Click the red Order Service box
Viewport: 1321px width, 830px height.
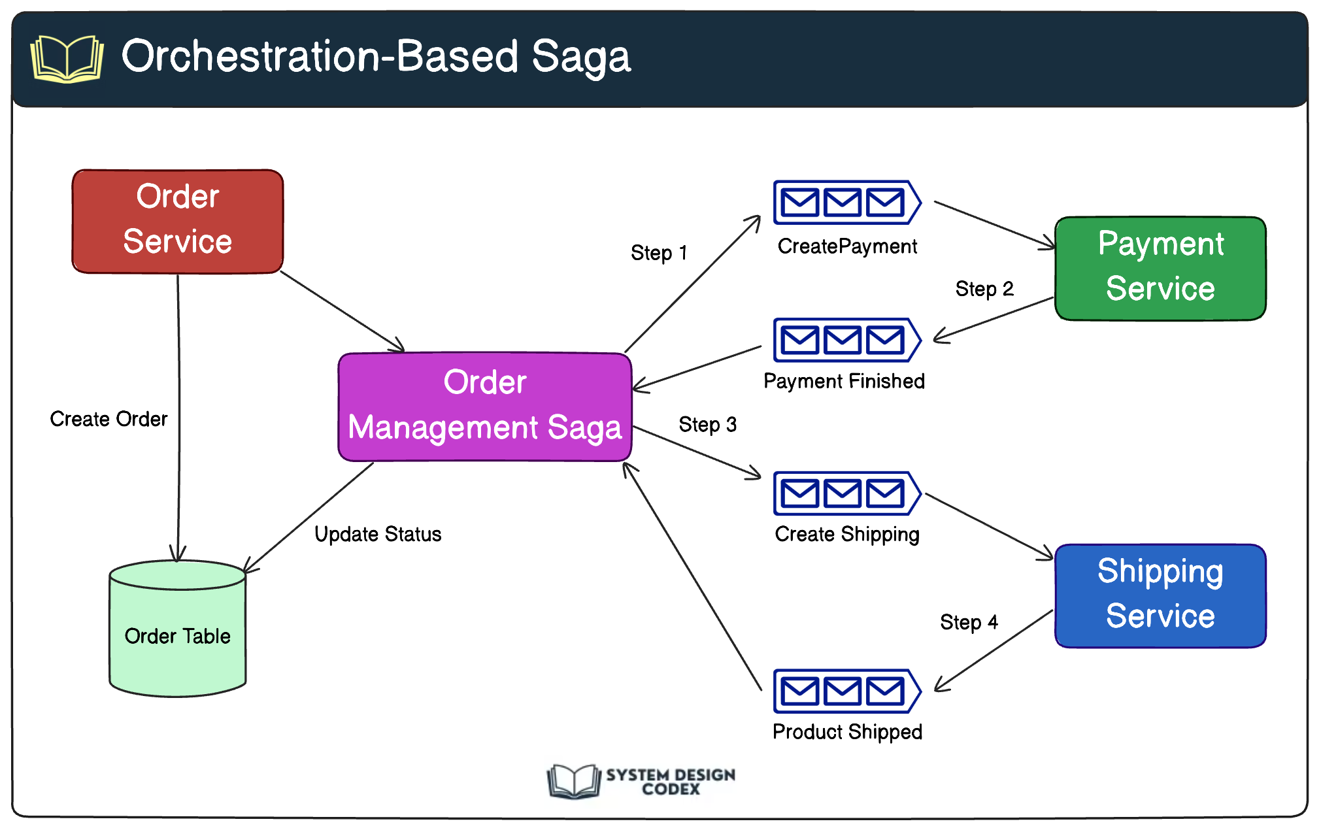click(177, 221)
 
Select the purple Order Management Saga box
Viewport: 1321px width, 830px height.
click(484, 406)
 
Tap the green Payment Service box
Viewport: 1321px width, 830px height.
click(1160, 268)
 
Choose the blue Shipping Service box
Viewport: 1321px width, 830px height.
click(1160, 595)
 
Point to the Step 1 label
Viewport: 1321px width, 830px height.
click(658, 253)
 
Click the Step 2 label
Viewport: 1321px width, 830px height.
click(984, 289)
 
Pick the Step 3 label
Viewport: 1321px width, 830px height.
click(707, 425)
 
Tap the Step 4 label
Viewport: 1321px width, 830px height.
click(969, 622)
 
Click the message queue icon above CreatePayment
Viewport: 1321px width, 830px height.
click(846, 203)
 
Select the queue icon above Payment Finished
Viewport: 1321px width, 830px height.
click(846, 340)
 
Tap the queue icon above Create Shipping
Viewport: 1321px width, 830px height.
click(846, 493)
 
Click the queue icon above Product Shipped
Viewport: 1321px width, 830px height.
click(846, 691)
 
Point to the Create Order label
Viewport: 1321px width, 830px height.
click(109, 419)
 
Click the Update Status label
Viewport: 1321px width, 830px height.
click(378, 535)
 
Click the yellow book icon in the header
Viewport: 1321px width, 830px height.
click(67, 59)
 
